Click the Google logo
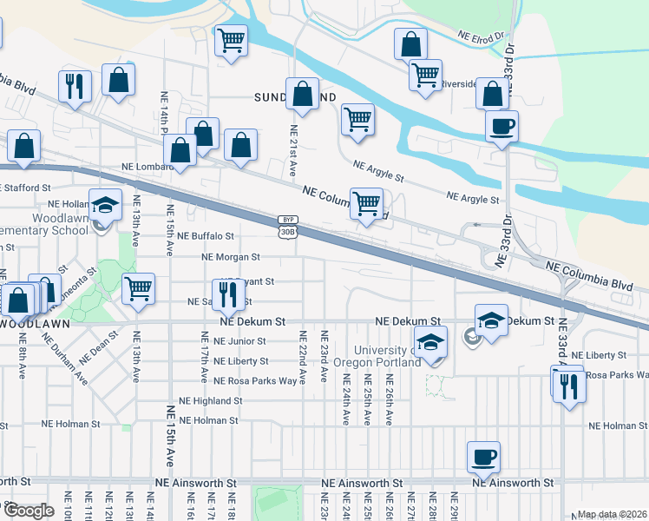(x=29, y=511)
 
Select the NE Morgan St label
(x=231, y=257)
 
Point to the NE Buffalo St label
(x=206, y=235)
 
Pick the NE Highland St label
(x=210, y=401)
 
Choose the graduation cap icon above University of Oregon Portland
(x=429, y=343)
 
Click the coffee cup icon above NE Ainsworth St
(x=484, y=455)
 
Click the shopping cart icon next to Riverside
(x=425, y=76)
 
